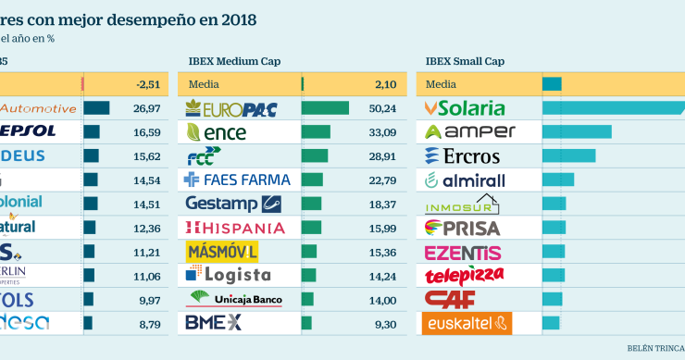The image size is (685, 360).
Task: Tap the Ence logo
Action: coord(218,132)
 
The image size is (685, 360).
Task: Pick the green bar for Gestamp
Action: coord(312,204)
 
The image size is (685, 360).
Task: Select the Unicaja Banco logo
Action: coord(235,298)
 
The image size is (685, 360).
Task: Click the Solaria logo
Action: coord(465,108)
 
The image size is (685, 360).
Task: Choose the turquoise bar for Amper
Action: coord(577,132)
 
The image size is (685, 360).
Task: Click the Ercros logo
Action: coord(463,156)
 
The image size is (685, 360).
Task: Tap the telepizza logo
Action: coord(465,275)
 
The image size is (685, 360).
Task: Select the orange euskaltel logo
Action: coord(467,323)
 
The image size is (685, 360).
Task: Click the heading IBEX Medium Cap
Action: coord(234,61)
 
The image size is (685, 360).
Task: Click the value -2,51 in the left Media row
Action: coord(148,85)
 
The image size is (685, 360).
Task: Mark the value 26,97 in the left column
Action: coord(147,108)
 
